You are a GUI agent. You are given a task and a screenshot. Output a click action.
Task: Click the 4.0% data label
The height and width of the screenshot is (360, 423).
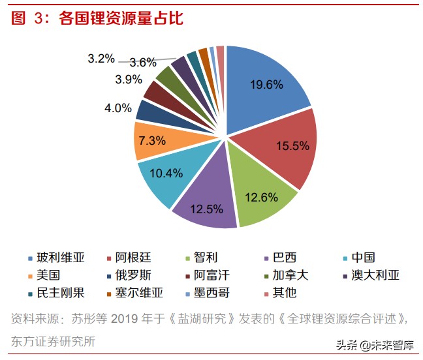point(117,108)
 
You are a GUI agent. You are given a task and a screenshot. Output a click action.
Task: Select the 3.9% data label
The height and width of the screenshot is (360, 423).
point(128,80)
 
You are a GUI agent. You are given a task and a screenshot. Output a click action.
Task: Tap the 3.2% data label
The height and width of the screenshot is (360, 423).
point(101,59)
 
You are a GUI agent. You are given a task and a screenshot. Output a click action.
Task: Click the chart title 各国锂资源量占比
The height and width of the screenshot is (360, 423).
point(121,18)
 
